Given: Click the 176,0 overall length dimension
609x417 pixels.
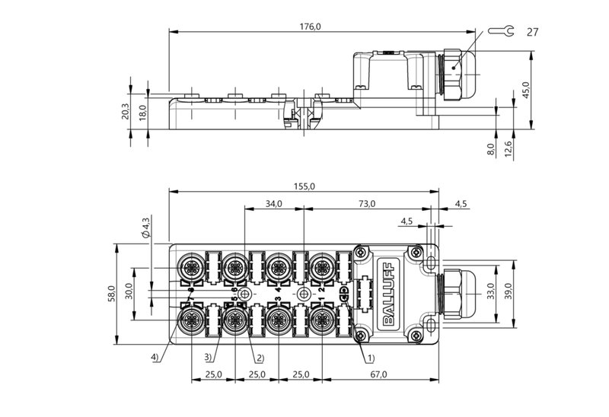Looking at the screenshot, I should pyautogui.click(x=310, y=26).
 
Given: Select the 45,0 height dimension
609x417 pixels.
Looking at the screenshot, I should pyautogui.click(x=525, y=90).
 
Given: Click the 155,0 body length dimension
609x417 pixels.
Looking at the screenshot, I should pyautogui.click(x=304, y=185).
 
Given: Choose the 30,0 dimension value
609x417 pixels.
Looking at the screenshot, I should pyautogui.click(x=129, y=292).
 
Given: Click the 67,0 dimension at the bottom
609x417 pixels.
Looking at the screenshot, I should pyautogui.click(x=378, y=374).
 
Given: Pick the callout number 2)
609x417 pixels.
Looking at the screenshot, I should pyautogui.click(x=259, y=358).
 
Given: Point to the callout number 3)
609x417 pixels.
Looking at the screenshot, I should pyautogui.click(x=207, y=358).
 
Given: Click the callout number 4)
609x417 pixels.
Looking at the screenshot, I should pyautogui.click(x=155, y=358).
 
